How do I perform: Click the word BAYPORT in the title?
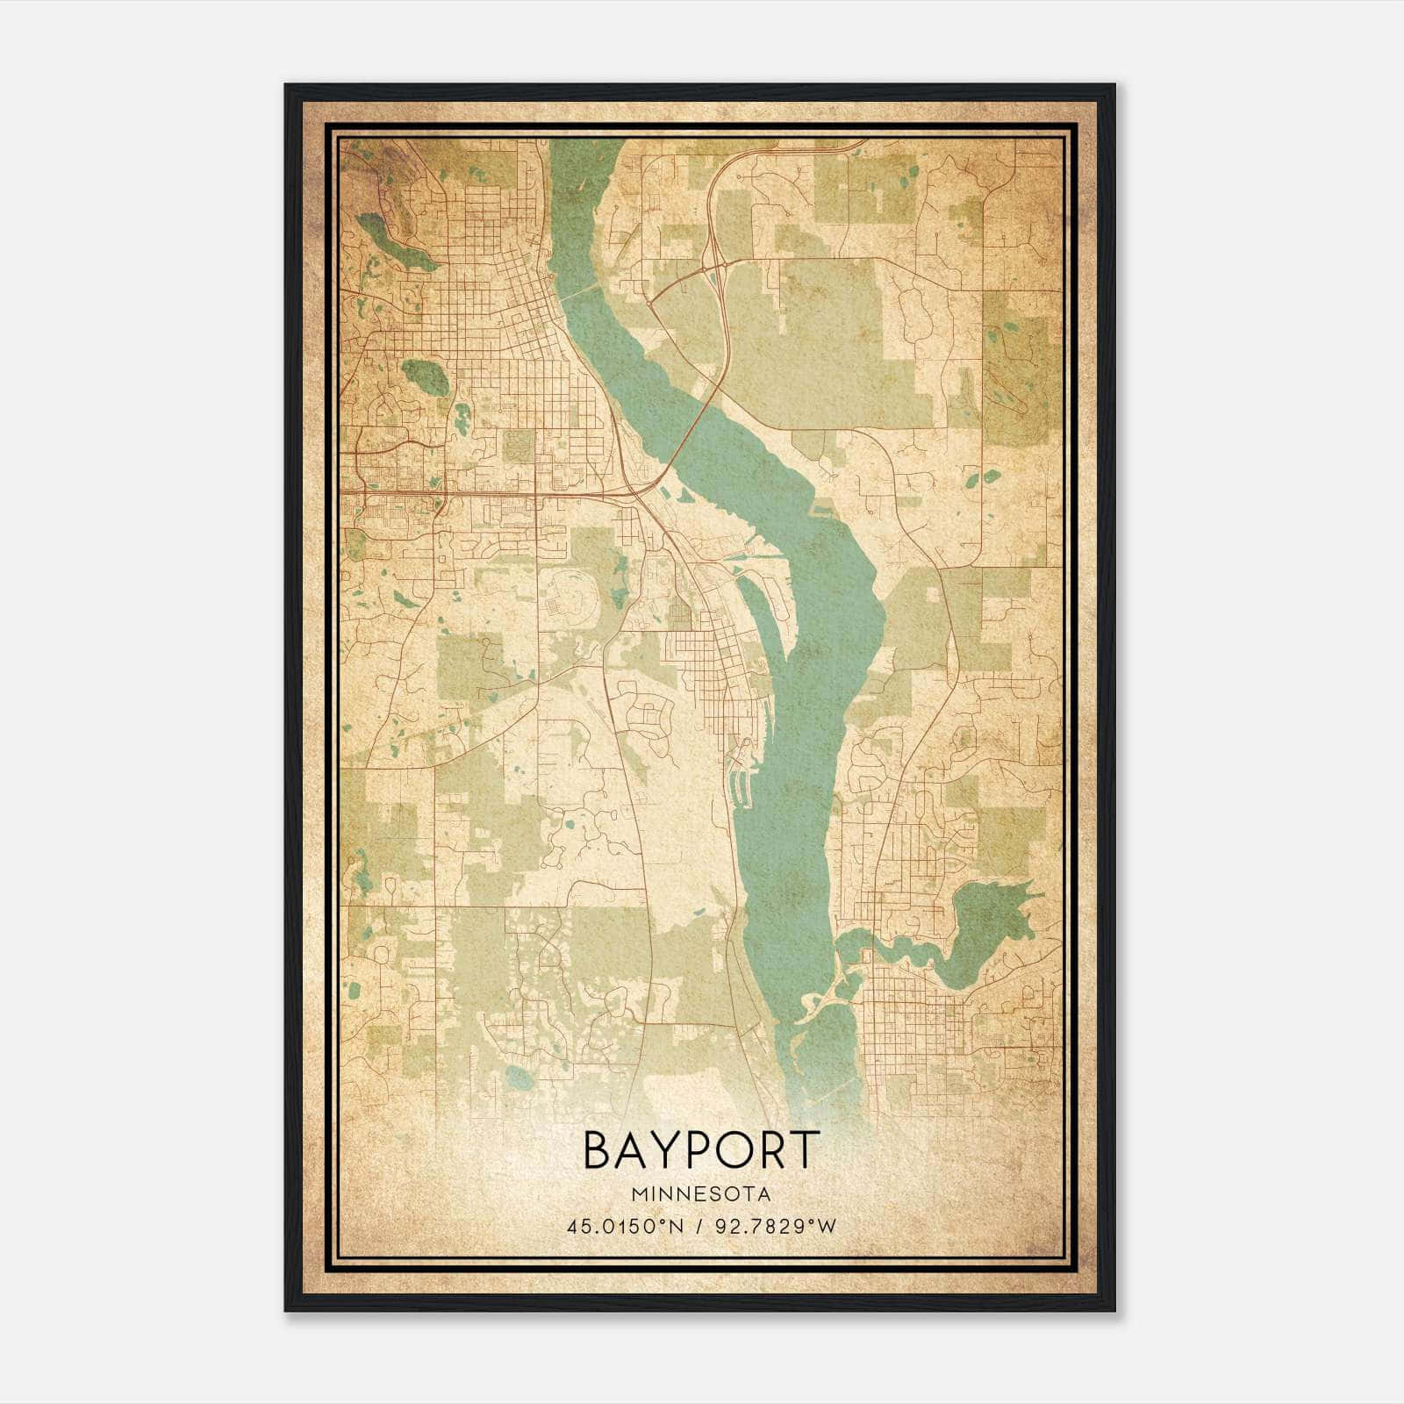[x=701, y=1150]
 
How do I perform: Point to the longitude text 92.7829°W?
[x=774, y=1226]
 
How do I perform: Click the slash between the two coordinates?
[x=698, y=1226]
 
